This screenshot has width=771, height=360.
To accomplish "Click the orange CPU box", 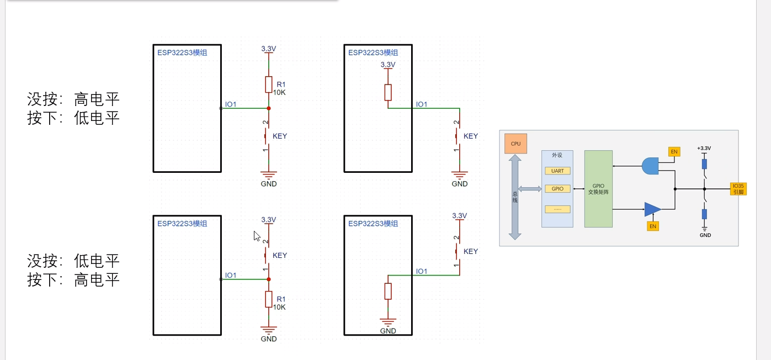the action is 515,144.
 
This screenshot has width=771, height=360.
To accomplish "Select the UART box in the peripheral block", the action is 557,171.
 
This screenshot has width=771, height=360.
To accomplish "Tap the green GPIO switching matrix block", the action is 598,189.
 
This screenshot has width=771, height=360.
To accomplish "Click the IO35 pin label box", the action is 738,189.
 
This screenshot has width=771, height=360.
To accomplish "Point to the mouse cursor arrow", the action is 257,236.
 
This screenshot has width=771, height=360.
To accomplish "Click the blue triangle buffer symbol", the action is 652,209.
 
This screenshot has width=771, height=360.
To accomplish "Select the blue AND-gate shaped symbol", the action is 650,166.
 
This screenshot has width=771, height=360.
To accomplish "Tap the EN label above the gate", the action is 674,152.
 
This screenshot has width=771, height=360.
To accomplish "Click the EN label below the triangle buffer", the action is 652,226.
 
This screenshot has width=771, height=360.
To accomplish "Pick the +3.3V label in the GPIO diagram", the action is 704,148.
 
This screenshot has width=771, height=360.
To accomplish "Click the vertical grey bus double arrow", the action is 514,197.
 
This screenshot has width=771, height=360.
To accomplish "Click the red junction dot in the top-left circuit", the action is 268,108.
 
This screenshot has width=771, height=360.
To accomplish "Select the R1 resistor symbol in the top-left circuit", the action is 268,84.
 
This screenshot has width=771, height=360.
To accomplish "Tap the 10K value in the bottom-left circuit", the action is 279,307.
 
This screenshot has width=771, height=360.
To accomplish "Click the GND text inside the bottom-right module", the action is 388,331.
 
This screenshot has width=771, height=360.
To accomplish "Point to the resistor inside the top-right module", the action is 388,92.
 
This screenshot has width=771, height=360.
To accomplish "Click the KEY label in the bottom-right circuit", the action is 471,251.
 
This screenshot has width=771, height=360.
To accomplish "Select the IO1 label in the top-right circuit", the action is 421,104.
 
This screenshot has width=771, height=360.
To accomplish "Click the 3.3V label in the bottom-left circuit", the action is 268,219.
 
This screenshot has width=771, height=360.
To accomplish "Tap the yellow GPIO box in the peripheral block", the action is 557,189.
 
